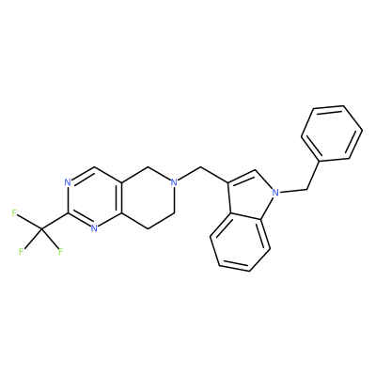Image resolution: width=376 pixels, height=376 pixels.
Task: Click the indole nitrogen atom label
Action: (x=275, y=192)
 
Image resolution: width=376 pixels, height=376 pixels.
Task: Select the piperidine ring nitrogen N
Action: (x=175, y=181)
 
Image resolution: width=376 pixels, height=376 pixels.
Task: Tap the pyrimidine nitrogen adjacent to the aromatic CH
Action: (x=68, y=181)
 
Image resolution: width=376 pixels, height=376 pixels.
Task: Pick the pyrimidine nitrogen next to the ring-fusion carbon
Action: (x=94, y=228)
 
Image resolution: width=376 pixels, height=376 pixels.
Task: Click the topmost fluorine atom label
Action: (x=14, y=213)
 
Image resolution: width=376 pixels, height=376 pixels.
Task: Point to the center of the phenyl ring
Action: (x=332, y=133)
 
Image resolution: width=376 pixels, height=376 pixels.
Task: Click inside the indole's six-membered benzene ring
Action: (x=241, y=242)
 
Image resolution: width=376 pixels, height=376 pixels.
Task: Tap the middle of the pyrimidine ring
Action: (x=95, y=197)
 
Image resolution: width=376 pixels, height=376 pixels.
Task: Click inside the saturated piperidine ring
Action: (x=148, y=197)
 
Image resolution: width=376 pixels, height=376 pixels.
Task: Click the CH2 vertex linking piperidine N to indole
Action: (x=201, y=167)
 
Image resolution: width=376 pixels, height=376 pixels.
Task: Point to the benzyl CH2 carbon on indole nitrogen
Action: (x=305, y=189)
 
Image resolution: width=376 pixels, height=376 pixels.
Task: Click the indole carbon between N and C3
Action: (x=256, y=170)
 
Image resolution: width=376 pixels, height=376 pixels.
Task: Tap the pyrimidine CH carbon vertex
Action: (x=95, y=166)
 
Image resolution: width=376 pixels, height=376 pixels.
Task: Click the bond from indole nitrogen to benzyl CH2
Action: (x=292, y=191)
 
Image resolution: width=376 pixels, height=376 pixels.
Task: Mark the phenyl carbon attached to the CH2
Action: (x=320, y=162)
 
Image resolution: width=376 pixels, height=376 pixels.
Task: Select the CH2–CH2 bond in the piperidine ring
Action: (x=161, y=221)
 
